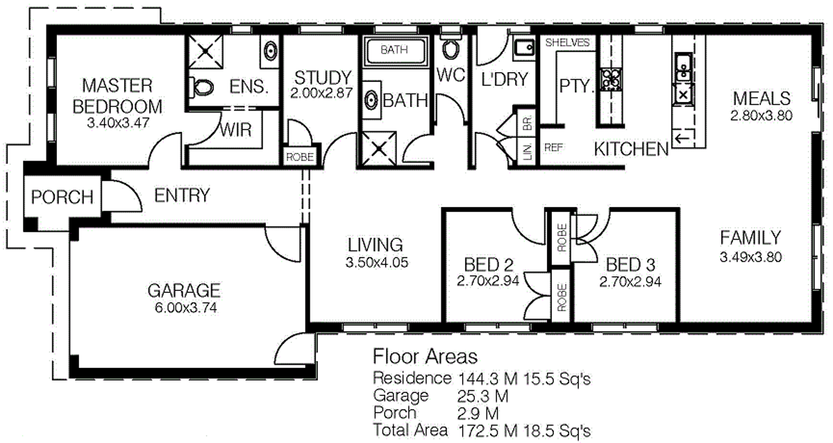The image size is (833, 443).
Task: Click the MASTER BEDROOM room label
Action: (x=117, y=96)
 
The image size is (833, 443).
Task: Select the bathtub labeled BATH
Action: (x=394, y=50)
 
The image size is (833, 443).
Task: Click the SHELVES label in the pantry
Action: (x=567, y=42)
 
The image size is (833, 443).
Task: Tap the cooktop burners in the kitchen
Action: (x=611, y=78)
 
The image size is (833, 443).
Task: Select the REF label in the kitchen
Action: (x=553, y=147)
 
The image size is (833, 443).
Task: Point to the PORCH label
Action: (x=62, y=197)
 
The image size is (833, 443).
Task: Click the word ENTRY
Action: (x=182, y=196)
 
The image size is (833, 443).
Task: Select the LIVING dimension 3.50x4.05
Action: (x=376, y=263)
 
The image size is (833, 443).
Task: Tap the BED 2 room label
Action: (x=488, y=265)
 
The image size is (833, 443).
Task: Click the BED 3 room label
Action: (x=630, y=265)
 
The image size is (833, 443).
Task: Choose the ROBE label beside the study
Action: (x=300, y=158)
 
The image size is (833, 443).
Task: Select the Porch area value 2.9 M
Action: (x=476, y=412)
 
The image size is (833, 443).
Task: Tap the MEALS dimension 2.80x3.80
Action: (x=761, y=115)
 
